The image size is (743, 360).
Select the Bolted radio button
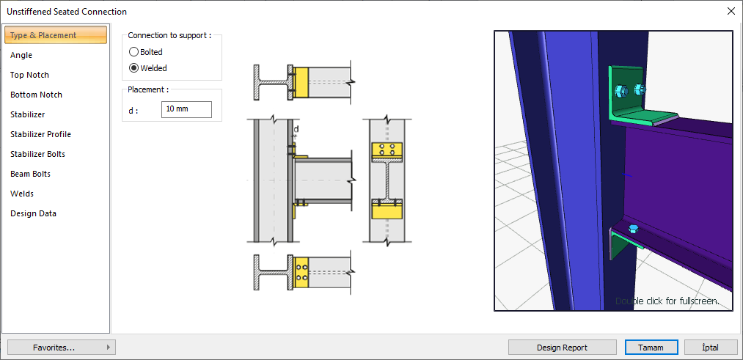coord(133,52)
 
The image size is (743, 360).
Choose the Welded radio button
coord(133,68)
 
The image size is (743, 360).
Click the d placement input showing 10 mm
coord(186,109)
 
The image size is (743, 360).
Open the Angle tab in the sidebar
coord(21,55)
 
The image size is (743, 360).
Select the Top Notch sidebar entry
coord(29,75)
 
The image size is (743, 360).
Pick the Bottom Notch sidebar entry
coord(36,95)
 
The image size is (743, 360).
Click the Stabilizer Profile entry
coord(40,134)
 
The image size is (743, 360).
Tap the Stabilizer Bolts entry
coord(37,154)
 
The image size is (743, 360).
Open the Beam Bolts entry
coord(30,174)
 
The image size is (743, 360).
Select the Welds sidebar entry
coord(22,194)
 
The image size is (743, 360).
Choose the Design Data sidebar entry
coord(33,213)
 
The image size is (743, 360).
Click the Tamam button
coord(651,348)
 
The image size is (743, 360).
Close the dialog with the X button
coord(731,11)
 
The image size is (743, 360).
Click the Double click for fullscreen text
coord(667,301)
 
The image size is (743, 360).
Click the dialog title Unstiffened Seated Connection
coord(67,12)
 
